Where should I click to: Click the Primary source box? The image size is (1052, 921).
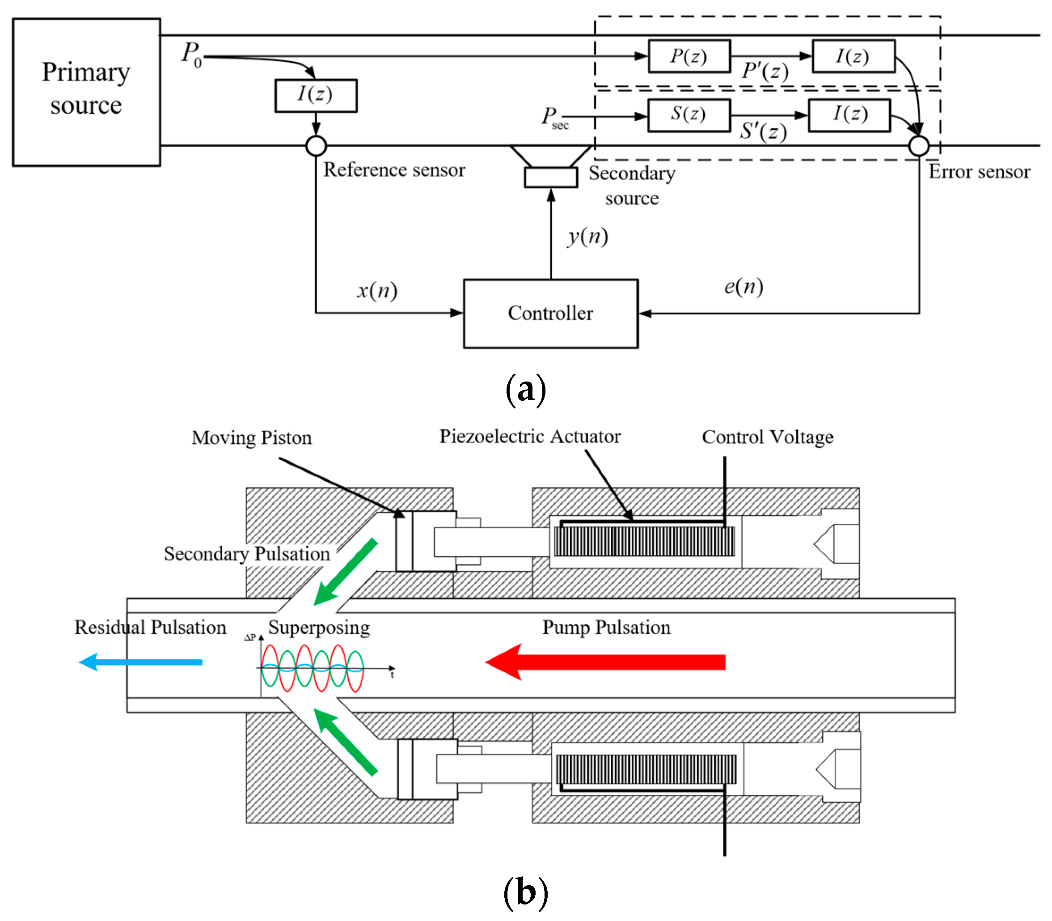click(86, 92)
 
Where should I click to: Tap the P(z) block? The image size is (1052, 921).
click(689, 56)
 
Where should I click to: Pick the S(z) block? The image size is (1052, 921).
click(689, 115)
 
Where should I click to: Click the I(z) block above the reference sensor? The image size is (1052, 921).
click(316, 96)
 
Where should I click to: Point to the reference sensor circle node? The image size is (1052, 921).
click(316, 146)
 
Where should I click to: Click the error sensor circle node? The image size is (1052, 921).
click(918, 146)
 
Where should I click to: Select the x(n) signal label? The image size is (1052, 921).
click(377, 291)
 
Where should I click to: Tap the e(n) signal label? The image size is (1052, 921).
click(743, 287)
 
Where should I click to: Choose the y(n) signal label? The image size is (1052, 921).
click(587, 237)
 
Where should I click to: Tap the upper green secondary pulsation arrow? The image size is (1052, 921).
click(345, 572)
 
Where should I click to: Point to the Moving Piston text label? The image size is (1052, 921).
click(251, 438)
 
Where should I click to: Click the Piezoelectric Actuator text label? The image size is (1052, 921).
click(530, 436)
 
